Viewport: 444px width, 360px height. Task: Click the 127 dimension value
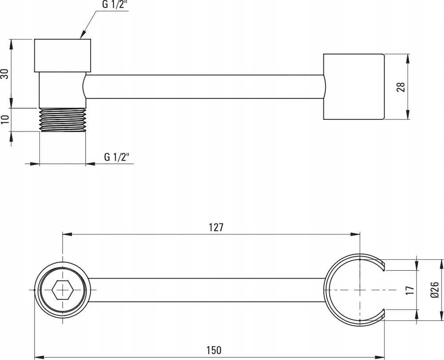[x=216, y=227]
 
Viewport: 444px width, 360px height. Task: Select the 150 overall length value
[x=214, y=350]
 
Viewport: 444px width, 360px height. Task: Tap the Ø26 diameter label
[x=434, y=290]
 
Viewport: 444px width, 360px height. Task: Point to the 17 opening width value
[x=410, y=290]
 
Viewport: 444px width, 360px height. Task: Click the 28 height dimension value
[x=400, y=87]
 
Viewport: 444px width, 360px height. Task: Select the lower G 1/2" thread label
[x=117, y=157]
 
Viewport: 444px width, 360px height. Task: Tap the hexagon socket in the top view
[x=63, y=290]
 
